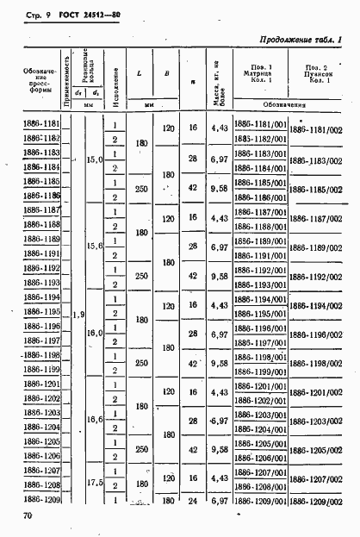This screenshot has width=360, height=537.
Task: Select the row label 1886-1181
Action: pyautogui.click(x=40, y=127)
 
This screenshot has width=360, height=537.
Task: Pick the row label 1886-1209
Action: pyautogui.click(x=40, y=499)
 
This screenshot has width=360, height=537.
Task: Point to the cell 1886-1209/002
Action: pyautogui.click(x=316, y=500)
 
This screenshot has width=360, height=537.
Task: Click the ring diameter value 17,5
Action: pyautogui.click(x=96, y=484)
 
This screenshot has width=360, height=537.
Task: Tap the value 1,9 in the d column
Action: pyautogui.click(x=79, y=314)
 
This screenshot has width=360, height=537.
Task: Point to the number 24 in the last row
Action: pyautogui.click(x=193, y=499)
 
